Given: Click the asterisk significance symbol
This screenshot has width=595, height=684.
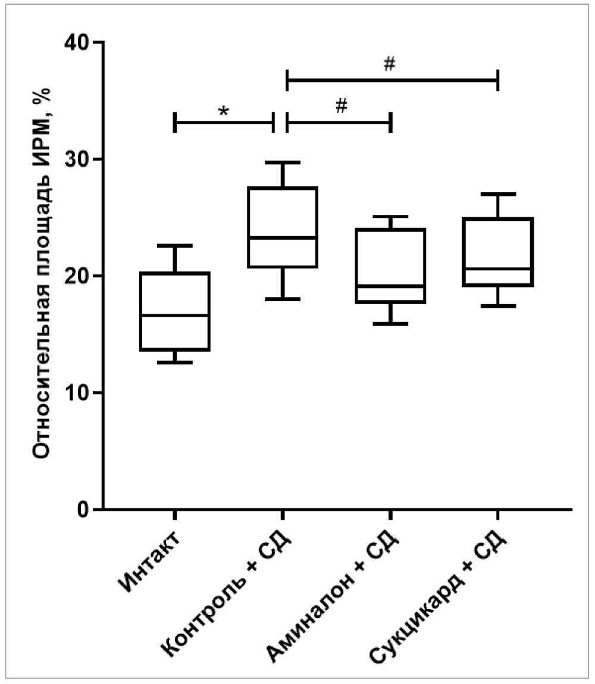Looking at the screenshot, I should pyautogui.click(x=224, y=111).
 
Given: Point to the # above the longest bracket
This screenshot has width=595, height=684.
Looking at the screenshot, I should pyautogui.click(x=389, y=64).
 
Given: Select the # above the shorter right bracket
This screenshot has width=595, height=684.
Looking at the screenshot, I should pyautogui.click(x=341, y=107).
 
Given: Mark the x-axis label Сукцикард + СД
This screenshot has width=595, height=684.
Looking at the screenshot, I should pyautogui.click(x=440, y=595).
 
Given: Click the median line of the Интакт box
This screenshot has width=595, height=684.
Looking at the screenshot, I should pyautogui.click(x=174, y=316).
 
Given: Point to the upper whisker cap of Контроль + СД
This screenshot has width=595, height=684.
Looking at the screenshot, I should pyautogui.click(x=283, y=162).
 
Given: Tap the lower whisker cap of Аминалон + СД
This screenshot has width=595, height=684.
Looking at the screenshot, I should pyautogui.click(x=390, y=324).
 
